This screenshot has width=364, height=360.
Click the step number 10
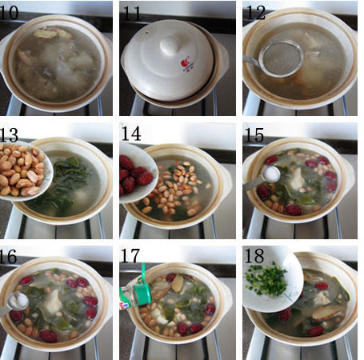(x=9, y=12)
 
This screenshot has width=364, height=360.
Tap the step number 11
(x=131, y=13)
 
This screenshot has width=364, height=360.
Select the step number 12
(x=256, y=12)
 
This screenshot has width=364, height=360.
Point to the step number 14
(x=131, y=134)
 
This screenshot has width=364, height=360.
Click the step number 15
(x=254, y=134)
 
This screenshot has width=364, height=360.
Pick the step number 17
(x=130, y=256)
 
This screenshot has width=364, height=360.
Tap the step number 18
(x=254, y=255)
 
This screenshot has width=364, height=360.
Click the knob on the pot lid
(x=170, y=45)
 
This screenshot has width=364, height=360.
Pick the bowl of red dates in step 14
(x=138, y=173)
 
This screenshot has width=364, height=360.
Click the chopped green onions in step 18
(x=266, y=279)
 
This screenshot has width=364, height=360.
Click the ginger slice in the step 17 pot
(x=178, y=283)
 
